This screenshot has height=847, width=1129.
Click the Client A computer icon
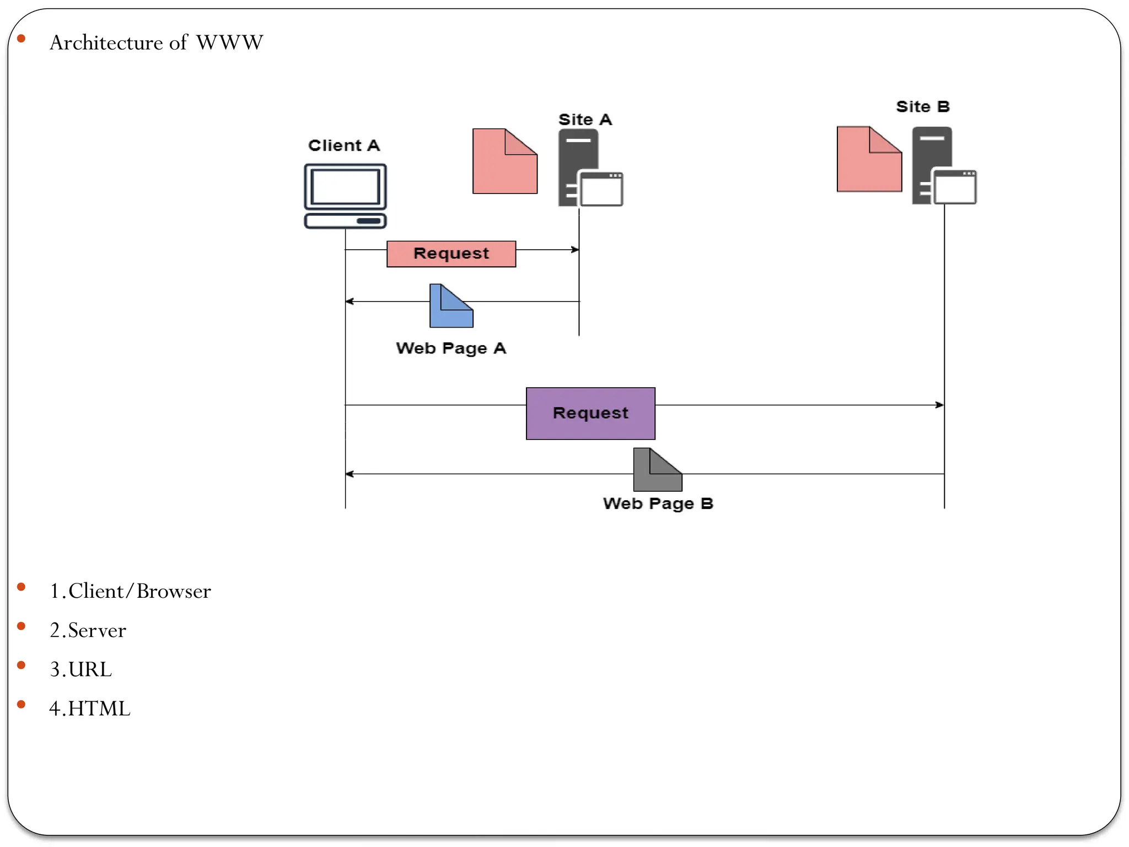[345, 195]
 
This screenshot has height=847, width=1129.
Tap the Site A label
[585, 120]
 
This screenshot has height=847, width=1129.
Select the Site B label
[922, 106]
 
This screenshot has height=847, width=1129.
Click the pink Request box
[451, 254]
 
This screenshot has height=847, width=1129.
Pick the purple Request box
[590, 413]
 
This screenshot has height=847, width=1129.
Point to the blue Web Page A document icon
[450, 307]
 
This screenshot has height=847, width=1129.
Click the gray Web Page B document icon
[657, 470]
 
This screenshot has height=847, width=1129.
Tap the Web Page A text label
[450, 349]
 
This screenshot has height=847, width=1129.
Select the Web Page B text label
[658, 503]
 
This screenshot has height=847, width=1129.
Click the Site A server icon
[589, 168]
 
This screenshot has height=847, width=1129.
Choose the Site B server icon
[943, 166]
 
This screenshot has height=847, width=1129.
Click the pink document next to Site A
[504, 162]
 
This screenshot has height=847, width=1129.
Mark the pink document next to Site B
[869, 159]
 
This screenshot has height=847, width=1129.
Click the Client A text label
[343, 146]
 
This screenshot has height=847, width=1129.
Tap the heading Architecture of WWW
[156, 42]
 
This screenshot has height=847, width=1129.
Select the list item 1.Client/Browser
[130, 591]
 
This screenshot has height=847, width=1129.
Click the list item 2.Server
[88, 630]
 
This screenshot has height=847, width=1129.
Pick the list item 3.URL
[80, 669]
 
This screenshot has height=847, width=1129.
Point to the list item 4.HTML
[89, 709]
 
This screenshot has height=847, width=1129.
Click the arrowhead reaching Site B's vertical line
[940, 405]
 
